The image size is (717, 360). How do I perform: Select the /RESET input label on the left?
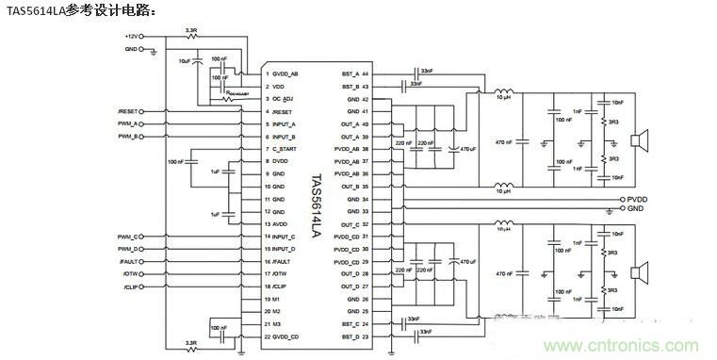[x=130, y=111]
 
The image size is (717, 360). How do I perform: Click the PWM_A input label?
[x=130, y=123]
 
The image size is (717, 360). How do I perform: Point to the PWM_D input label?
[x=130, y=248]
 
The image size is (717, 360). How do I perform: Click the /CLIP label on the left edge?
[x=131, y=285]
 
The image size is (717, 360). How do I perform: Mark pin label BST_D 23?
[x=359, y=335]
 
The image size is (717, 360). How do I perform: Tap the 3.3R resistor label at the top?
[x=191, y=31]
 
